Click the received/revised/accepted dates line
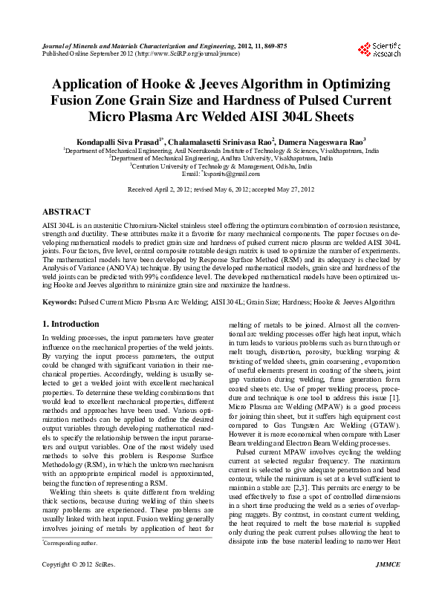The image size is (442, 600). [x=221, y=190]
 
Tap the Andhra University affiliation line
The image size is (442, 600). [x=221, y=157]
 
